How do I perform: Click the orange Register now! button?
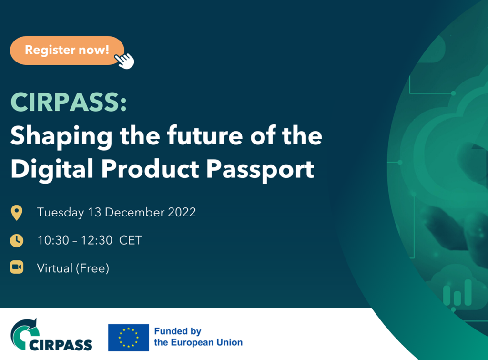(67, 50)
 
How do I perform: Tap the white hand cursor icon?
(125, 61)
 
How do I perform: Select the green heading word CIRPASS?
(69, 102)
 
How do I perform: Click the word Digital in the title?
(51, 169)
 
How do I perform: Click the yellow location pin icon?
(17, 213)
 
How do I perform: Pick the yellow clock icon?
(17, 240)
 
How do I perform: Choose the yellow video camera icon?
(17, 267)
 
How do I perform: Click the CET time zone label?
(131, 240)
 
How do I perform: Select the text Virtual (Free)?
(73, 268)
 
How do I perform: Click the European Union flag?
(128, 337)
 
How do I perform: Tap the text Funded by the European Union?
(198, 337)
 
